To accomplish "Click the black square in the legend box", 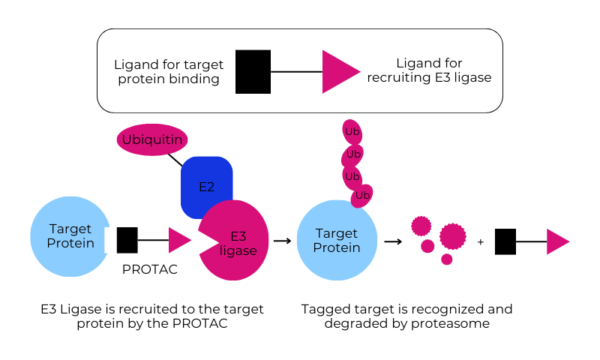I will pyautogui.click(x=253, y=72).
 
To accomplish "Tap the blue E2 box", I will pyautogui.click(x=206, y=184).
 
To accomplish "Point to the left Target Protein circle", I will pyautogui.click(x=68, y=235).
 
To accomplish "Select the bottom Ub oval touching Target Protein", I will pyautogui.click(x=362, y=196).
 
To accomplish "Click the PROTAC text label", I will pyautogui.click(x=150, y=269).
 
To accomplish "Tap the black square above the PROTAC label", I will pyautogui.click(x=127, y=240).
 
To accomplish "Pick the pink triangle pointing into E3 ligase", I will pyautogui.click(x=178, y=240).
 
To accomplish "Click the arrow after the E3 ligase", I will pyautogui.click(x=282, y=241).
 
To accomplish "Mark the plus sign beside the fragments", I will pyautogui.click(x=481, y=241).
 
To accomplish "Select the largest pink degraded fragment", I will pyautogui.click(x=453, y=236).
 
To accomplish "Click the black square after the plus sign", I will pyautogui.click(x=505, y=241).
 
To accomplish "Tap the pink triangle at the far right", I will pyautogui.click(x=556, y=241).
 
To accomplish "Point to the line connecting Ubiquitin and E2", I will pyautogui.click(x=175, y=160).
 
